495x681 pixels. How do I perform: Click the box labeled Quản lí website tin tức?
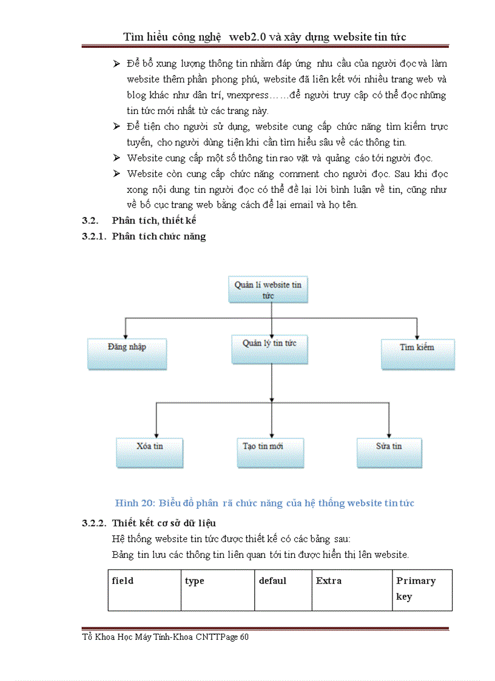268,289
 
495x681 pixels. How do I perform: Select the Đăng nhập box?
127,353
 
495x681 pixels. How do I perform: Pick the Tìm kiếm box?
417,353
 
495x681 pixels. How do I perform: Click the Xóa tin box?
150,452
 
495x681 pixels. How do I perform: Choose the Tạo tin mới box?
269,452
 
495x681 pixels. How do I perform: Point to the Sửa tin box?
389,452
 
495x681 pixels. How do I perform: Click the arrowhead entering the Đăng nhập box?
125,335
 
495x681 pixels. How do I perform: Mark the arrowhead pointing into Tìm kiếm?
417,335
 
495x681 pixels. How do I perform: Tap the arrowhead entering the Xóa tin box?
157,434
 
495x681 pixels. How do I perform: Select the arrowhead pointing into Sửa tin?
389,434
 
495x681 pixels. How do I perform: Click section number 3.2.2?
94,523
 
